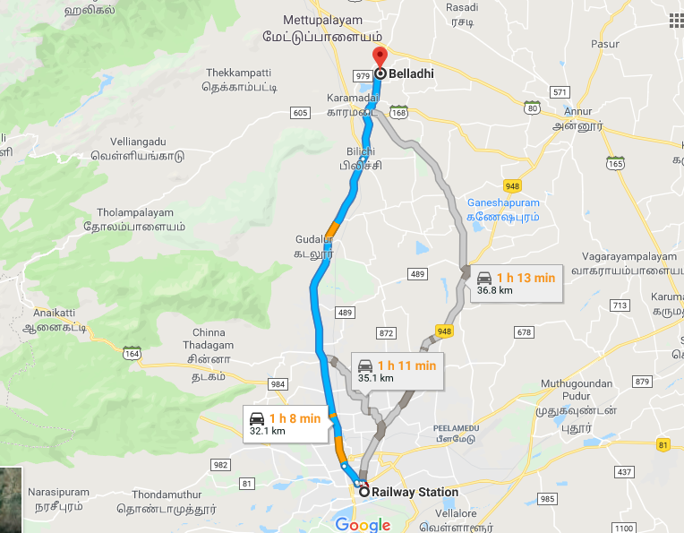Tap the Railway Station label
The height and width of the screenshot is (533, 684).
click(415, 492)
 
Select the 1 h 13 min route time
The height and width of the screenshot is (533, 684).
click(526, 278)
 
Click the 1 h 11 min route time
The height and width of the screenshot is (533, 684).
click(406, 365)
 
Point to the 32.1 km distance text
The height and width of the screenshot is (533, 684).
click(268, 432)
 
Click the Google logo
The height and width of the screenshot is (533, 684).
click(363, 524)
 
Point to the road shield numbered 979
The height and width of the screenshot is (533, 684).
click(362, 75)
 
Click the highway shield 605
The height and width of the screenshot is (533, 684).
click(300, 112)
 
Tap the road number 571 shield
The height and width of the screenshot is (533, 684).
click(560, 92)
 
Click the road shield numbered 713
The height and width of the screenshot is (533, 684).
click(618, 305)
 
